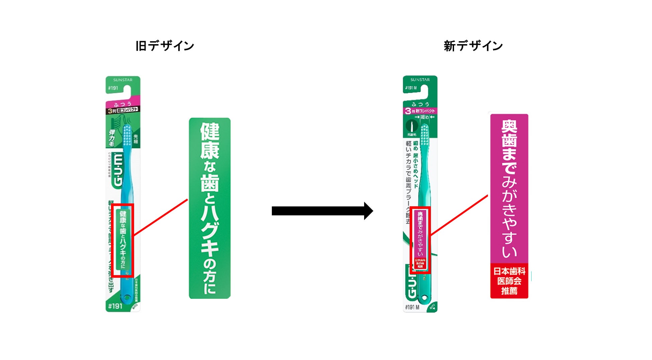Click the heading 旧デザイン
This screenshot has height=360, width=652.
pyautogui.click(x=165, y=46)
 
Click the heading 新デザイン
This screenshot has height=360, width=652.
pyautogui.click(x=473, y=46)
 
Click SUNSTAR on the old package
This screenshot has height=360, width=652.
pyautogui.click(x=123, y=80)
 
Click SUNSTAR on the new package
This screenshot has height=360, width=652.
pyautogui.click(x=420, y=80)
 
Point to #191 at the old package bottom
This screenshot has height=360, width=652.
pyautogui.click(x=115, y=306)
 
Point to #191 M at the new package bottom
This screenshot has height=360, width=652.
pyautogui.click(x=412, y=307)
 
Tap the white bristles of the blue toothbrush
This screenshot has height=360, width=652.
pyautogui.click(x=127, y=135)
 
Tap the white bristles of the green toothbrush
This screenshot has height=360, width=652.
pyautogui.click(x=425, y=135)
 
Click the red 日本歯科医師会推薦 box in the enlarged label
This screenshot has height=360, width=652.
pyautogui.click(x=509, y=281)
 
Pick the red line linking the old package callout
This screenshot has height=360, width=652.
pyautogui.click(x=160, y=217)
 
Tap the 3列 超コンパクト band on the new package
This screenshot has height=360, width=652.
pyautogui.click(x=420, y=111)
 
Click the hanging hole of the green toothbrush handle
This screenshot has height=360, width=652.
pyautogui.click(x=424, y=297)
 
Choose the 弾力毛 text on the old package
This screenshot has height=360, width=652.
pyautogui.click(x=112, y=138)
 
